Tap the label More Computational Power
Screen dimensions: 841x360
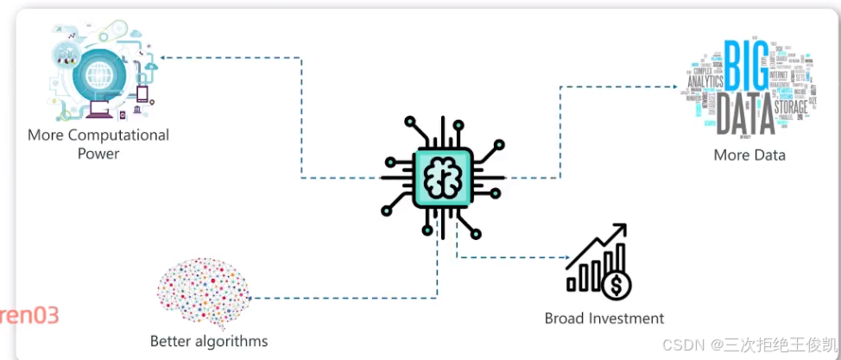pyautogui.click(x=98, y=143)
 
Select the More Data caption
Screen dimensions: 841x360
pyautogui.click(x=749, y=155)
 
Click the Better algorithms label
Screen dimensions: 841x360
pyautogui.click(x=209, y=340)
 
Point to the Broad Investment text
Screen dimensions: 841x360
pyautogui.click(x=604, y=318)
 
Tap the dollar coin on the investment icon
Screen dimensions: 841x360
pyautogui.click(x=618, y=281)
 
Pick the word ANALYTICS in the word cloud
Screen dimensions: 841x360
pyautogui.click(x=705, y=82)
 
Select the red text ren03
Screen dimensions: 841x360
pyautogui.click(x=29, y=315)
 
